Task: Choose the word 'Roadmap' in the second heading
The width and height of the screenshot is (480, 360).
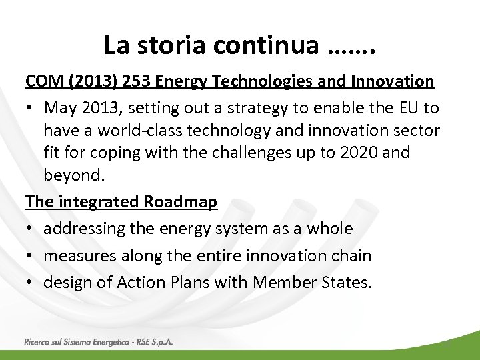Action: click(x=182, y=202)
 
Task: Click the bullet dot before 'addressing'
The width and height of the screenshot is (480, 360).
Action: click(x=30, y=229)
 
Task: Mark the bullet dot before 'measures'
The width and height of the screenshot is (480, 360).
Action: click(x=30, y=255)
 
